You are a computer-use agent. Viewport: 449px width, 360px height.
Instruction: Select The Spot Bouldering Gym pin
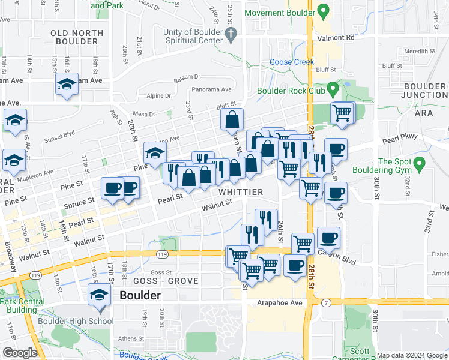420,162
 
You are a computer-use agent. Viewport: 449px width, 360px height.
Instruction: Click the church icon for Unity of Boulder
230,35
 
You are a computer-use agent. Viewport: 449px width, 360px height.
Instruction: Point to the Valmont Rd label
340,37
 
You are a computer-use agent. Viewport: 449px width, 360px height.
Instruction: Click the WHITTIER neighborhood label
241,192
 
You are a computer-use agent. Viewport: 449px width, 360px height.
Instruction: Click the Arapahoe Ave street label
280,303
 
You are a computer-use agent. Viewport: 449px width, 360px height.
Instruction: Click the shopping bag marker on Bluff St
232,119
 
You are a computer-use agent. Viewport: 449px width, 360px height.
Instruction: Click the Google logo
19,353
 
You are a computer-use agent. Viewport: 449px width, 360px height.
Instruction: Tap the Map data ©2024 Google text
411,355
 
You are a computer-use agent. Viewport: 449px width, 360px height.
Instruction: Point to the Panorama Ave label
211,89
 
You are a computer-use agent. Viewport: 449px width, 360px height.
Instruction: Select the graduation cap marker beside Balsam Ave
67,85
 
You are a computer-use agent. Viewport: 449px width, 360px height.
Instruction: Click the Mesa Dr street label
144,114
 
